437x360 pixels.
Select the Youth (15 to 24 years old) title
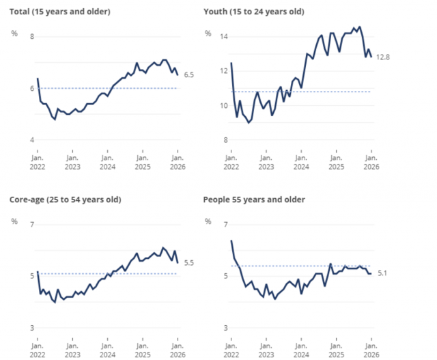[x=254, y=12]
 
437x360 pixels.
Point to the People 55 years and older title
[x=254, y=199]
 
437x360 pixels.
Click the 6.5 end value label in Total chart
[x=190, y=74]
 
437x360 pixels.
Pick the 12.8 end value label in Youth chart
[x=383, y=57]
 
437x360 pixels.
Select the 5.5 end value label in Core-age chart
[x=190, y=262]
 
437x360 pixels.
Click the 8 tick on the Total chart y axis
[x=31, y=36]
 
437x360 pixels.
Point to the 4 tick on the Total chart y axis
[x=31, y=140]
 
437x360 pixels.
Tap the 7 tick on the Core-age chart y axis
[x=31, y=224]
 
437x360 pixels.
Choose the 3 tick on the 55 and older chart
[x=225, y=328]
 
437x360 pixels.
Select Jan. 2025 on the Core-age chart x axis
[x=142, y=349]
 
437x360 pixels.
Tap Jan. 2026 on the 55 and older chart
[x=371, y=349]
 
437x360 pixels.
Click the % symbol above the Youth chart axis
[x=207, y=33]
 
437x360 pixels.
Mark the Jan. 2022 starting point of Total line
[x=38, y=79]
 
